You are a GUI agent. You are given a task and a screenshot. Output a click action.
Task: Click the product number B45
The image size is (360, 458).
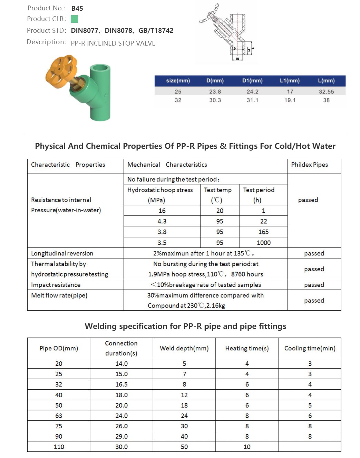point(77,8)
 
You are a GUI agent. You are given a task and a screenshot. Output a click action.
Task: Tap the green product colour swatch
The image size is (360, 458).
point(74,19)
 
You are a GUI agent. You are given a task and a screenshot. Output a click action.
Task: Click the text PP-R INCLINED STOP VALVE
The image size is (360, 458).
point(113,43)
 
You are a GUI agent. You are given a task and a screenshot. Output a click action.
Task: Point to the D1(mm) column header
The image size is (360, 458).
point(252,80)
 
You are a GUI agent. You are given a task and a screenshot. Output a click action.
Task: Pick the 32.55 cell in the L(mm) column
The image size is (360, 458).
point(326,91)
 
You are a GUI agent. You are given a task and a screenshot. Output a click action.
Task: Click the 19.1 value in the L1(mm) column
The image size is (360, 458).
point(290,100)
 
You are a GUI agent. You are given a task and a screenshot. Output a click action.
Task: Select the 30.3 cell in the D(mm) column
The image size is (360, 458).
point(215,100)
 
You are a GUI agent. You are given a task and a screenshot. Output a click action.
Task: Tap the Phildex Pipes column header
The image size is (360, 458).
point(309,165)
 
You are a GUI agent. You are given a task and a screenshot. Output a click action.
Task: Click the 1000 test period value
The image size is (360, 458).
point(263,243)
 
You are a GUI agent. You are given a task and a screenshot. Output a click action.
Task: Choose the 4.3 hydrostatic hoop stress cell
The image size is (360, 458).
point(162,221)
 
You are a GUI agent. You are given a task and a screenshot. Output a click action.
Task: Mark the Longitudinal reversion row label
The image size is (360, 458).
point(62,253)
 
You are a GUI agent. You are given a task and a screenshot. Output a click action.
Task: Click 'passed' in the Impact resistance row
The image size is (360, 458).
point(314,285)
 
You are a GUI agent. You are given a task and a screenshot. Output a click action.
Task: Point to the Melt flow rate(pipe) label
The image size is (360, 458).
point(59,295)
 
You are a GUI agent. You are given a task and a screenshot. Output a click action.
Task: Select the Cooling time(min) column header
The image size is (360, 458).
point(310,348)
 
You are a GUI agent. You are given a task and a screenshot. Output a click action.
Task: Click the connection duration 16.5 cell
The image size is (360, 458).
point(121,384)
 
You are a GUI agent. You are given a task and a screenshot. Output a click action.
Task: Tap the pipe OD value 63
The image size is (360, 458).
point(59,416)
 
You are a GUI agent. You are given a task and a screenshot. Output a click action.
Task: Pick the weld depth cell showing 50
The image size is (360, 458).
point(184,447)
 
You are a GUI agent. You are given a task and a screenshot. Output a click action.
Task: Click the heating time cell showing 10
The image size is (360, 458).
point(247,447)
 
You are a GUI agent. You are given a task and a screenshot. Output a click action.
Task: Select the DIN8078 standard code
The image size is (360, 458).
point(118,30)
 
